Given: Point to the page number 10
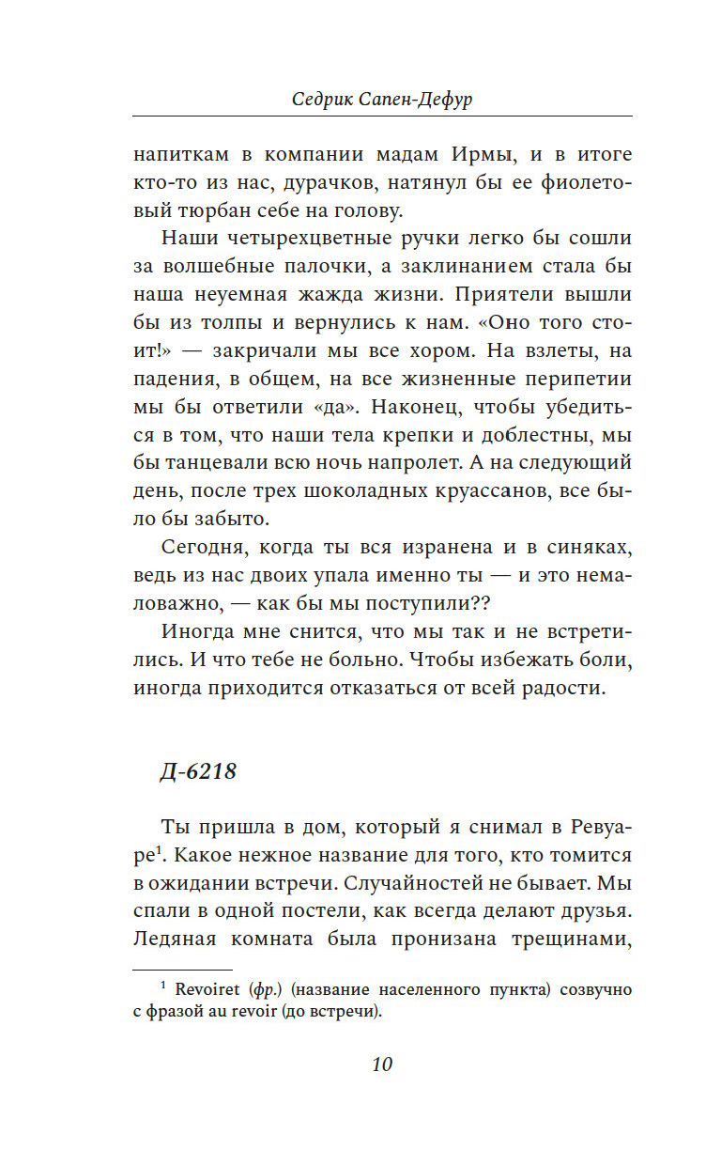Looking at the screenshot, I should [x=381, y=1064].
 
